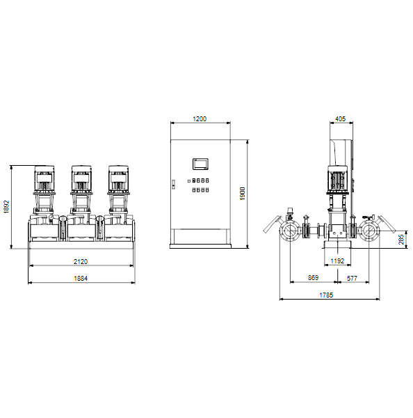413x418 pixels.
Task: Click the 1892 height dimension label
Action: [x=7, y=207]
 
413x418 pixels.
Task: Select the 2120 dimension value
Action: [x=81, y=261]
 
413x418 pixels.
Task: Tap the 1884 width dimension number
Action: [x=81, y=278]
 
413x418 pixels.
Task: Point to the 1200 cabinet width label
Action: [x=200, y=119]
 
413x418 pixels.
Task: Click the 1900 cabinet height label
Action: [x=243, y=194]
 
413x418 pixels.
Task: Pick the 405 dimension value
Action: [x=341, y=119]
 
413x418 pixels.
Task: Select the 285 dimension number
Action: [x=401, y=240]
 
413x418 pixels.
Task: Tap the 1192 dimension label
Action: [x=337, y=261]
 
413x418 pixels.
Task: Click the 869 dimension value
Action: [x=313, y=278]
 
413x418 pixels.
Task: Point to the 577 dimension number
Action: [x=352, y=278]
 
